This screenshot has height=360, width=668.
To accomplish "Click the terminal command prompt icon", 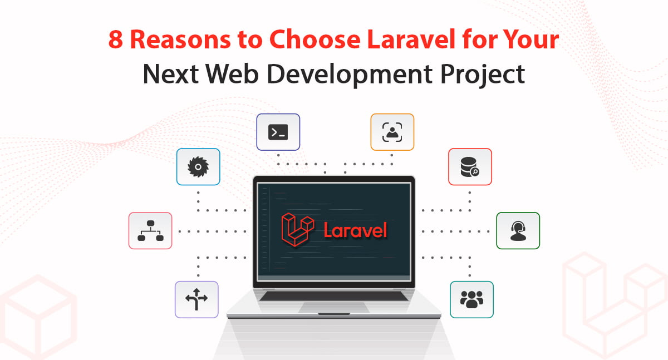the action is (x=278, y=132).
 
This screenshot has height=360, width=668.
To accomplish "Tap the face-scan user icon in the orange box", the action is (x=392, y=132).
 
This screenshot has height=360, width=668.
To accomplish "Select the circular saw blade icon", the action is (x=198, y=167).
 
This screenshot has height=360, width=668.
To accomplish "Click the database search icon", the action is (x=470, y=167).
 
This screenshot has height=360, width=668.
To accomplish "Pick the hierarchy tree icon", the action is (x=150, y=231).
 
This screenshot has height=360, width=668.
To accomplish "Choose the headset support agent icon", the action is (x=518, y=231).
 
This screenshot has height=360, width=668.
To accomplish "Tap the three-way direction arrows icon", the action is (x=196, y=299).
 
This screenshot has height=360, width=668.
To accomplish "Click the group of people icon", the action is (x=471, y=299).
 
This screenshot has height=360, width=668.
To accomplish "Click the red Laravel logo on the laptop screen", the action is (x=298, y=230).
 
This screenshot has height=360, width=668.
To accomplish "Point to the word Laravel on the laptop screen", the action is (x=356, y=230).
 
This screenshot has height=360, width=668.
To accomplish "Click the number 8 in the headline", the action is (x=115, y=40).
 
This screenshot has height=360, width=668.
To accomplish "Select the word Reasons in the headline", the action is (x=181, y=40).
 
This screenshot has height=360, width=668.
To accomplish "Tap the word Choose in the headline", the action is (x=315, y=39).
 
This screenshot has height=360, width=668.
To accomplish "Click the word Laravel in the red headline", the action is (x=411, y=39).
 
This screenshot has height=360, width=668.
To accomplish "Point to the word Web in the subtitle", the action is (x=232, y=74).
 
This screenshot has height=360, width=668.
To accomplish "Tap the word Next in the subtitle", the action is (x=170, y=74).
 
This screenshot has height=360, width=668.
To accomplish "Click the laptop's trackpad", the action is (x=334, y=307).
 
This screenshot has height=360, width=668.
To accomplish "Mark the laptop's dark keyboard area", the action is (x=333, y=296).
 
